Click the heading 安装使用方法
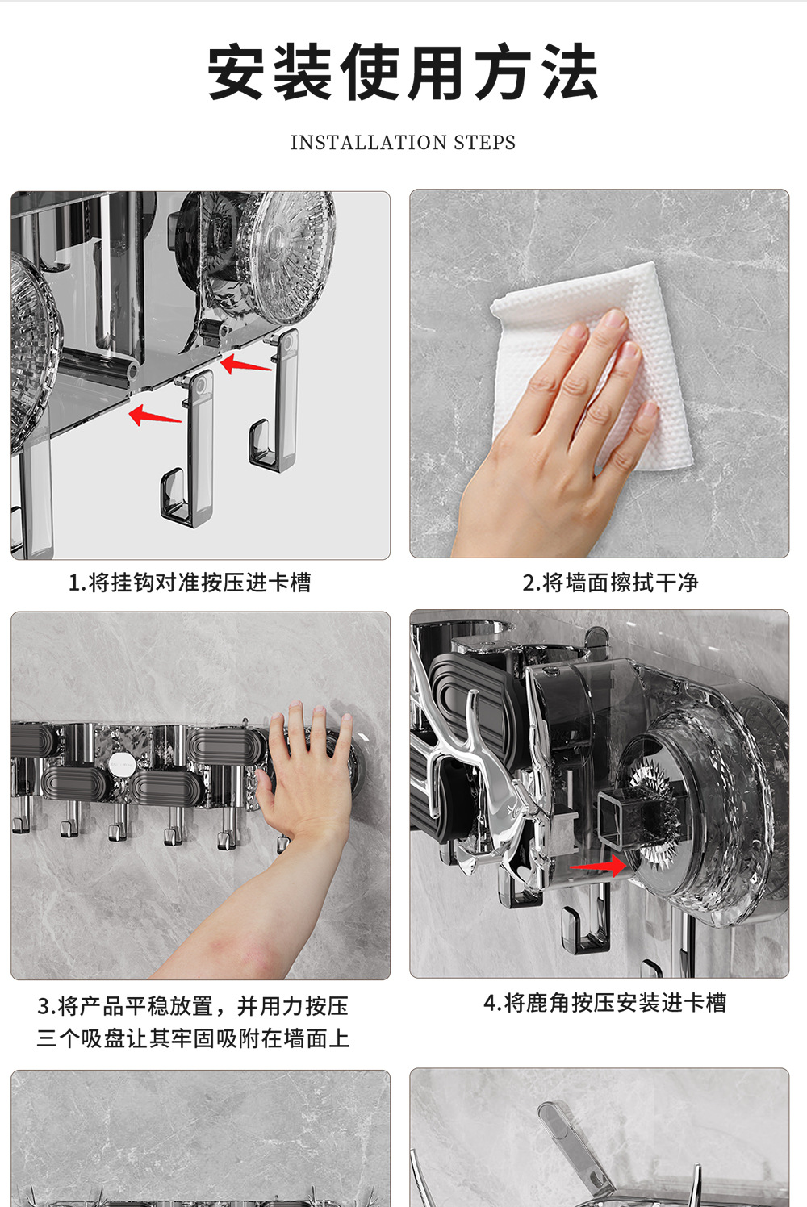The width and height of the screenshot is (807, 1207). pos(403,72)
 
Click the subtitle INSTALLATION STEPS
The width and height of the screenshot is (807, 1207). pos(403,143)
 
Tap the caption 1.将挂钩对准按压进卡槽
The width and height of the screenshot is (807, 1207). pos(190,583)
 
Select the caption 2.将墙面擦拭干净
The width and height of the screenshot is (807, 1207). pos(610,583)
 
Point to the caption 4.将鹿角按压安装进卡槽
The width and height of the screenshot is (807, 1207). pos(604,1003)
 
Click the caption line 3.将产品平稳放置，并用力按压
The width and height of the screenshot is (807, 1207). pos(192,1006)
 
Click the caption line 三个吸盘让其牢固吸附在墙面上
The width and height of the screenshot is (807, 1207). pos(193,1038)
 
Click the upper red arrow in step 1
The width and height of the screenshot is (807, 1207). pos(245,364)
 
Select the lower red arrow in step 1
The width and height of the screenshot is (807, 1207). pos(154,416)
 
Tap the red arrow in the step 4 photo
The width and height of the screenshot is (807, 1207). pos(598,866)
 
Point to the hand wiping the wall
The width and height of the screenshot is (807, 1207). pos(555,431)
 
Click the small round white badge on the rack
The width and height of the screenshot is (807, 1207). pos(121,764)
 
